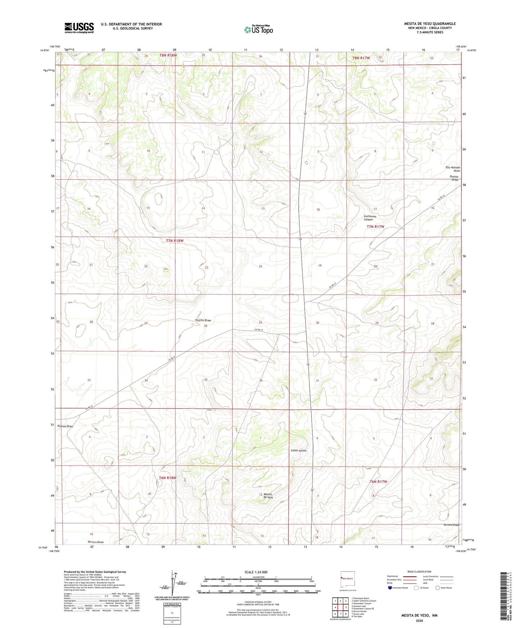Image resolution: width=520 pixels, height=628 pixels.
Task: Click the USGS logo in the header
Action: (79, 28)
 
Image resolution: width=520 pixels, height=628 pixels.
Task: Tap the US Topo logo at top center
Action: (258, 29)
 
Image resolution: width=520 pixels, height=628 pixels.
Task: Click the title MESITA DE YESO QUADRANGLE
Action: (430, 24)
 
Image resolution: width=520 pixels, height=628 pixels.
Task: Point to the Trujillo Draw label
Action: (203, 320)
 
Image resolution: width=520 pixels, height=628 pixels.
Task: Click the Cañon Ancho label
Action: (298, 450)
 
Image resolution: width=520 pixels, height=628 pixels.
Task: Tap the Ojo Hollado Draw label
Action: (453, 169)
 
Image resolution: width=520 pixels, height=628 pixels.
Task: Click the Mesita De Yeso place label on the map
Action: (268, 496)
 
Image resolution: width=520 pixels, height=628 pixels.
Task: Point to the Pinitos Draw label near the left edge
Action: (65, 426)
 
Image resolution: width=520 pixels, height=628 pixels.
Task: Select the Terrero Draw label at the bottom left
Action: (95, 542)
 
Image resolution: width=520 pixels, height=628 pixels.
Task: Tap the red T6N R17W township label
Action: (378, 481)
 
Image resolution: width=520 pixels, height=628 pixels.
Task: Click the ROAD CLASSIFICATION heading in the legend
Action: (419, 572)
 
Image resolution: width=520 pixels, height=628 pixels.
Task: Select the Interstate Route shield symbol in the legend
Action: (390, 588)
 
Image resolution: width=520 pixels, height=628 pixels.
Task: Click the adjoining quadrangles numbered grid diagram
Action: (340, 608)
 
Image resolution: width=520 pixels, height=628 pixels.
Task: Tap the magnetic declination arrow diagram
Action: (175, 582)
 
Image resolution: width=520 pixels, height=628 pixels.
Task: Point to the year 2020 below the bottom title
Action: (419, 620)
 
